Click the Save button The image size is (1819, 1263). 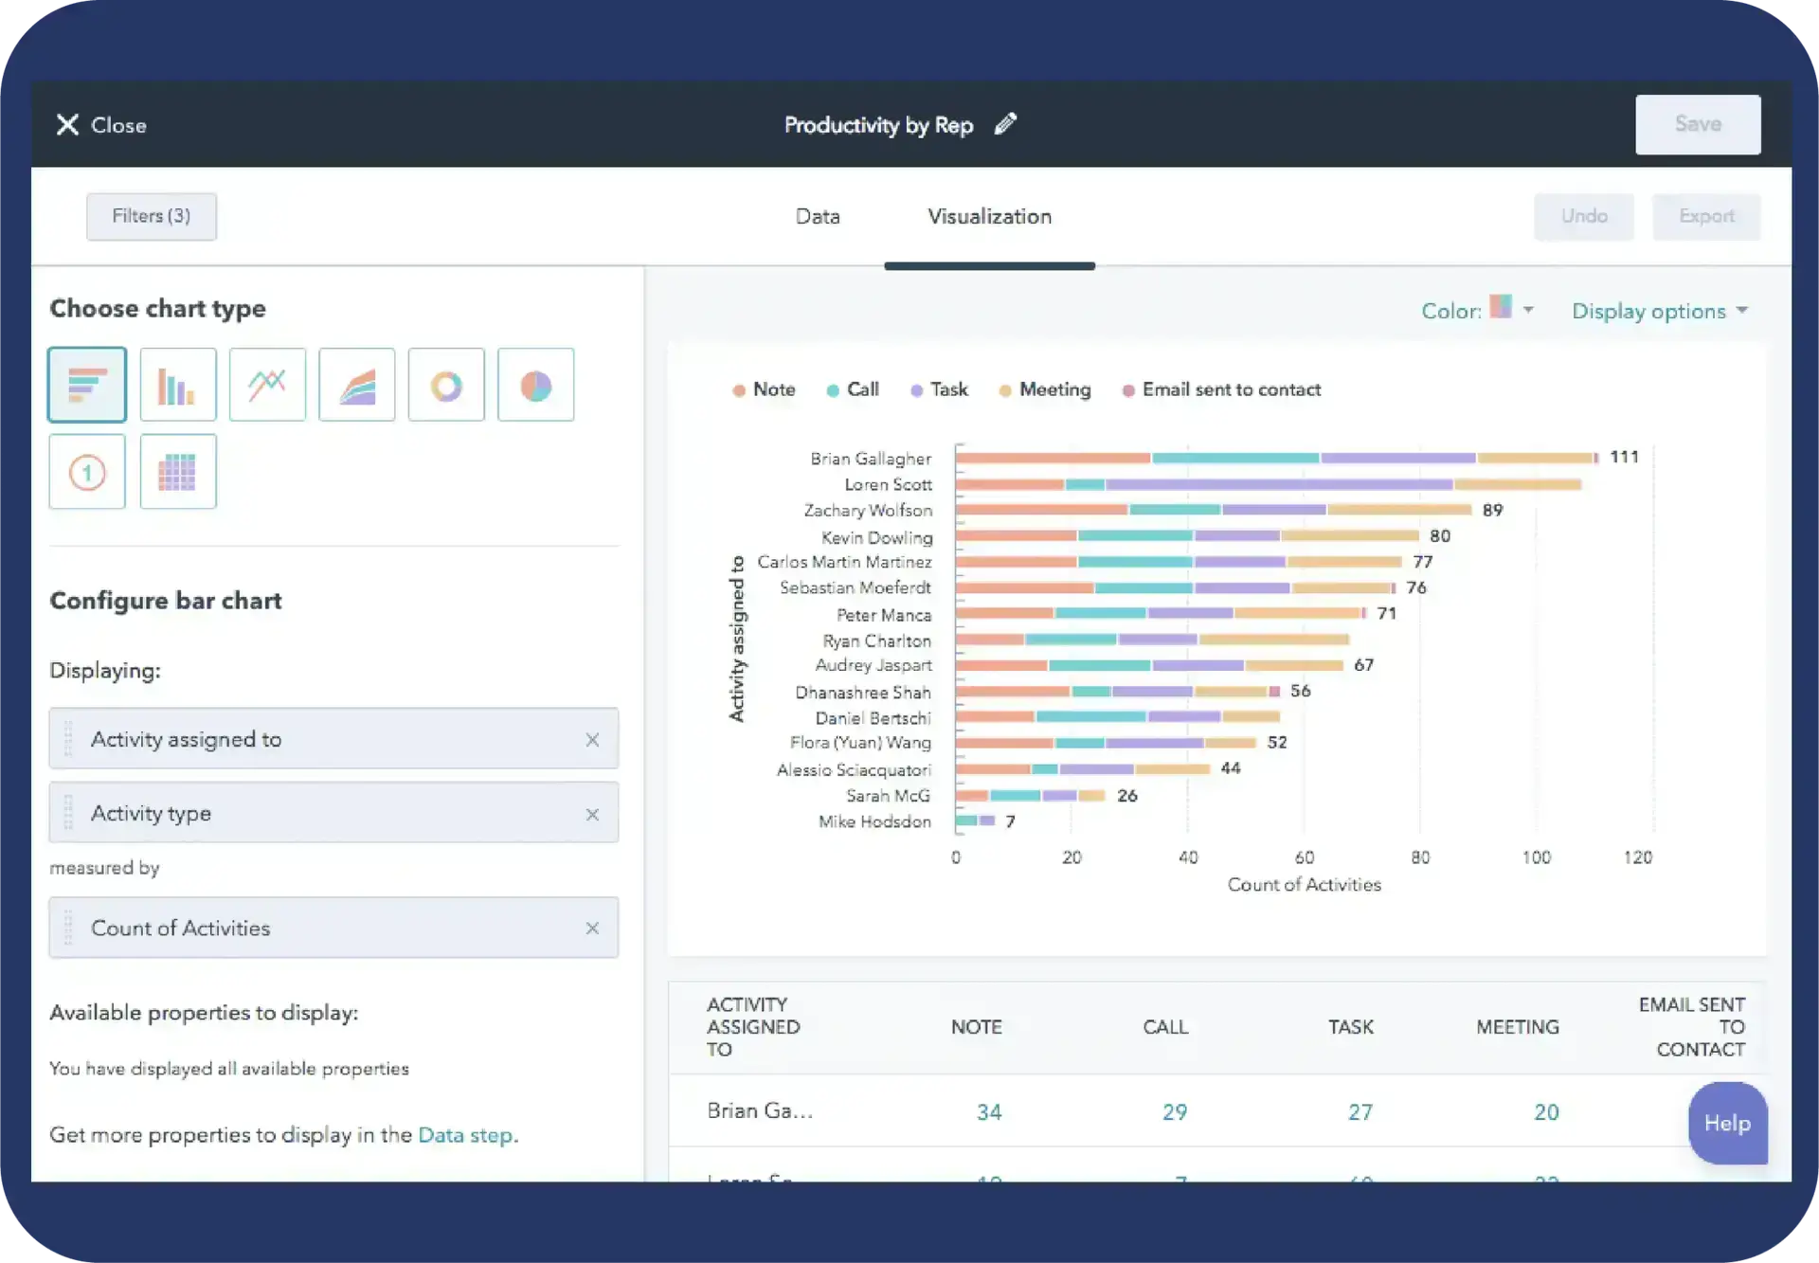[1697, 124]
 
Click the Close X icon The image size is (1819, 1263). [67, 125]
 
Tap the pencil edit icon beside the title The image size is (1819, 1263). [1005, 124]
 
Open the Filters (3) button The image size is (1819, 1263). [152, 216]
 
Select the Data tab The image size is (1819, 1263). [817, 217]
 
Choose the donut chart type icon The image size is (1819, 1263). [446, 385]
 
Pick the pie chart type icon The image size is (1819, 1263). [535, 385]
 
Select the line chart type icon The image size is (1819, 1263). [267, 385]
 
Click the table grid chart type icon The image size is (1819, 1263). [177, 472]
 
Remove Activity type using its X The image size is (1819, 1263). [592, 814]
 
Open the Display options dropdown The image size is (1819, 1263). [1659, 311]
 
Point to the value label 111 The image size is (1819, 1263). [1624, 457]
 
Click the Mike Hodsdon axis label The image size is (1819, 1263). [873, 821]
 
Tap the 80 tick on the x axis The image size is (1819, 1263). [1419, 857]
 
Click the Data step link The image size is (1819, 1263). [466, 1134]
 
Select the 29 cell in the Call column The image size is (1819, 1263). [1174, 1111]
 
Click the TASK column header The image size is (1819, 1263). [1350, 1027]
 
